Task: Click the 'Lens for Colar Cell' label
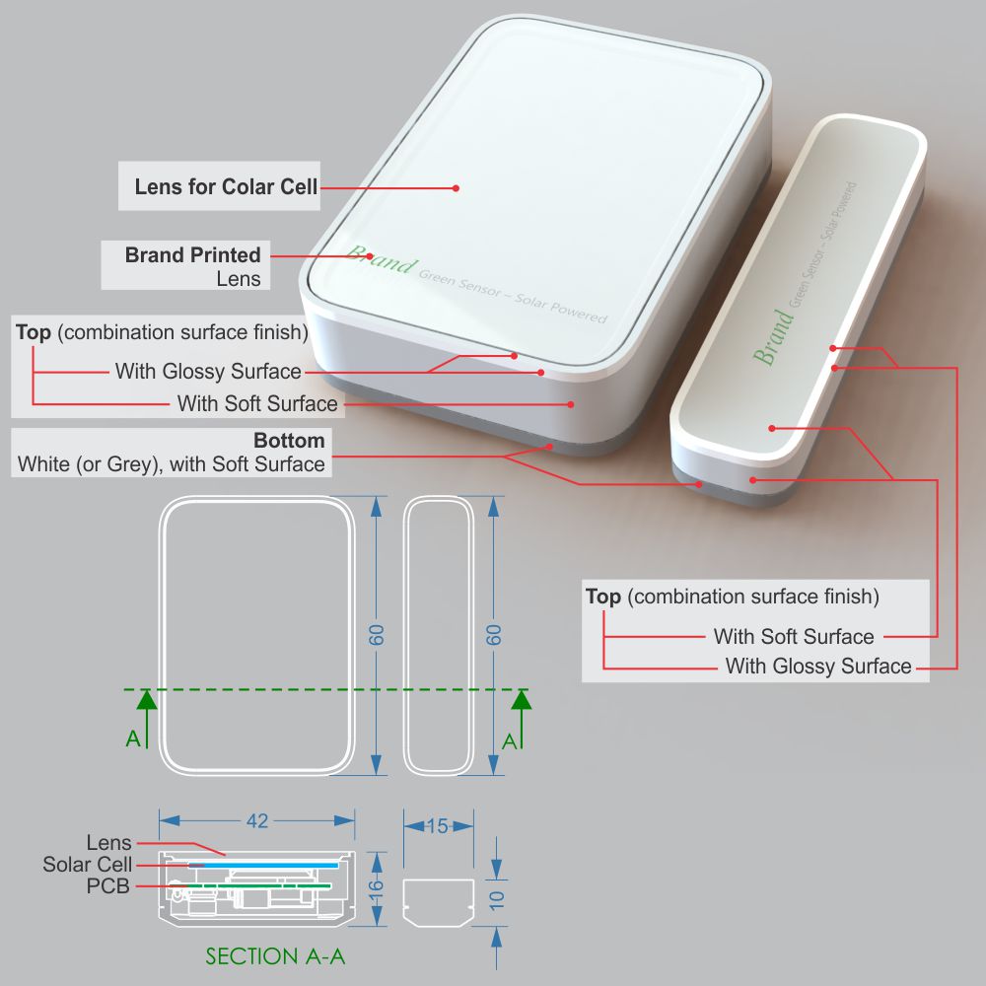click(226, 186)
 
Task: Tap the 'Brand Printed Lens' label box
click(185, 265)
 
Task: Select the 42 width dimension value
click(257, 820)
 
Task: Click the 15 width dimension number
click(438, 825)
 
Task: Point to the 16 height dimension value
click(376, 889)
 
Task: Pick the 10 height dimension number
click(496, 900)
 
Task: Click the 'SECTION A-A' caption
click(275, 956)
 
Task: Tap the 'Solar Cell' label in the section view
click(88, 865)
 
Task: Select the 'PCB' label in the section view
click(108, 886)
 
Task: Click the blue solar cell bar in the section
click(263, 866)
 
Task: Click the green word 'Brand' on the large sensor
click(381, 258)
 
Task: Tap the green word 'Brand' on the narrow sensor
click(773, 337)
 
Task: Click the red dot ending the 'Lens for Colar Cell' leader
click(456, 188)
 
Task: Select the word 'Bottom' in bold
click(289, 440)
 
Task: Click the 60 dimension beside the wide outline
click(376, 635)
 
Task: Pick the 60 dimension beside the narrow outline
click(494, 635)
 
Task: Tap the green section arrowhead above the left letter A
click(147, 699)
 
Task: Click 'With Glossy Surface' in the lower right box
click(818, 666)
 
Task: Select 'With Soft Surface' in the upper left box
click(257, 403)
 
